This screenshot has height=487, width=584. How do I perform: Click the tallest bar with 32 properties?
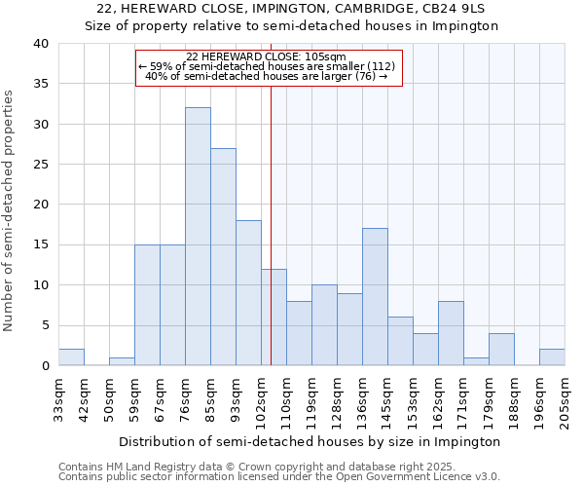tap(198, 237)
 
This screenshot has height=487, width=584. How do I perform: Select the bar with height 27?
tap(223, 257)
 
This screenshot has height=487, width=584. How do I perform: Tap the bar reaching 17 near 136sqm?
tap(375, 297)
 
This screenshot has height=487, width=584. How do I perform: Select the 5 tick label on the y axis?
tap(44, 325)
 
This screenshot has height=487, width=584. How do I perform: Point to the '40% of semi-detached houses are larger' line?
tap(267, 76)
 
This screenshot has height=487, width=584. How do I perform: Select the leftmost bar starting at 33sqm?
tap(71, 357)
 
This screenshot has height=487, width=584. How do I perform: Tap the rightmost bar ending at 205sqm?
tap(552, 357)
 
